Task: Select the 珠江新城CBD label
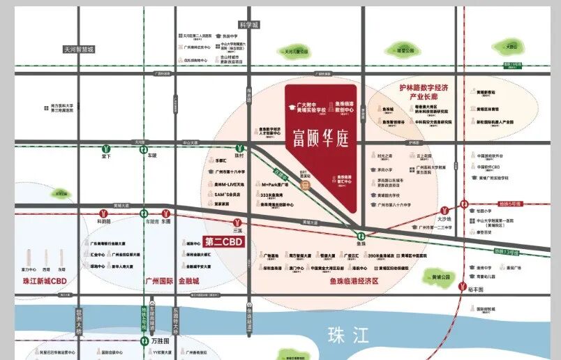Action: [x=44, y=280]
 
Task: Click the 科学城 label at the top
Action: [x=248, y=24]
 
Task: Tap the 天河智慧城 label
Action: [x=78, y=50]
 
